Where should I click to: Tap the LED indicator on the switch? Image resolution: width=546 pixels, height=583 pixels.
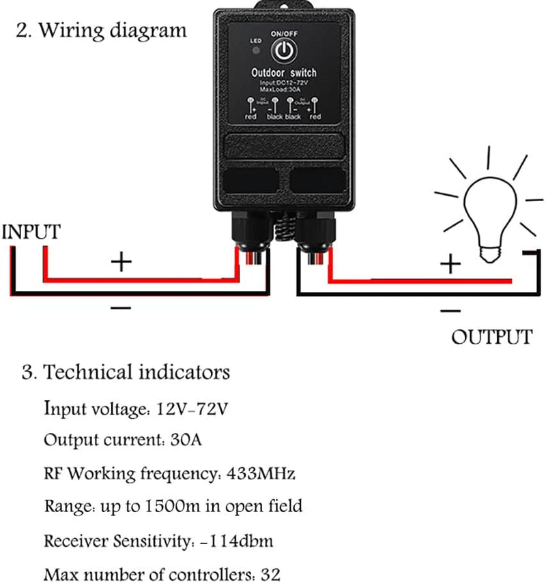(x=257, y=50)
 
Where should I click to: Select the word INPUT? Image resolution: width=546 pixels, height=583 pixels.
(x=31, y=232)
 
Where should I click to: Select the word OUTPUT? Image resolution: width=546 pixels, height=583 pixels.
(x=491, y=337)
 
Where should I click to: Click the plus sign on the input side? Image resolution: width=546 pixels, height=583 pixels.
(x=121, y=261)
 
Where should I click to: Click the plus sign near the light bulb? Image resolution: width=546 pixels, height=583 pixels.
(x=449, y=264)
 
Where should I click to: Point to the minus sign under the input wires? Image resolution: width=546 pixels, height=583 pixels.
(x=120, y=308)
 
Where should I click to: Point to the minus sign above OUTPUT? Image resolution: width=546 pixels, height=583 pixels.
(x=450, y=311)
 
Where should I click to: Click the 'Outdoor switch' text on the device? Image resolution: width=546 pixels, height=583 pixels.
(x=284, y=73)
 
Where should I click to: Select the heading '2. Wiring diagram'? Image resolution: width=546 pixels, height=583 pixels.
(x=101, y=31)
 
